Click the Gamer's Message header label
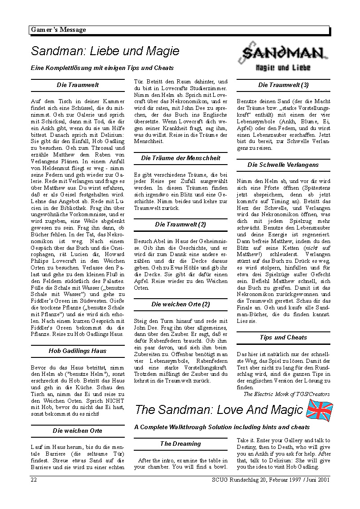pyautogui.click(x=58, y=30)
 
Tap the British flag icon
pyautogui.click(x=319, y=409)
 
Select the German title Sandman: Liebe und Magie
pyautogui.click(x=105, y=51)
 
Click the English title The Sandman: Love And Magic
pyautogui.click(x=219, y=410)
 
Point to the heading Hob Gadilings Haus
pyautogui.click(x=78, y=351)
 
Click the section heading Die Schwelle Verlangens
pyautogui.click(x=283, y=165)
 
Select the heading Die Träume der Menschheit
pyautogui.click(x=180, y=158)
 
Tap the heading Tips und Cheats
pyautogui.click(x=283, y=337)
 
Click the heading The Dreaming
pyautogui.click(x=180, y=444)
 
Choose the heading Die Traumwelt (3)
pyautogui.click(x=283, y=85)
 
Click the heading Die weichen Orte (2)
pyautogui.click(x=180, y=304)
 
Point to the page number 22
pyautogui.click(x=34, y=479)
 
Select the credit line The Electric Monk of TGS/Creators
pyautogui.click(x=286, y=394)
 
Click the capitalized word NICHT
pyautogui.click(x=96, y=400)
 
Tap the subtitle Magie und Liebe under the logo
pyautogui.click(x=283, y=68)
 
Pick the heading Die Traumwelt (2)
pyautogui.click(x=180, y=224)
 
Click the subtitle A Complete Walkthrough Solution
pyautogui.click(x=222, y=427)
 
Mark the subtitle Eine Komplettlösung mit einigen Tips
pyautogui.click(x=102, y=68)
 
